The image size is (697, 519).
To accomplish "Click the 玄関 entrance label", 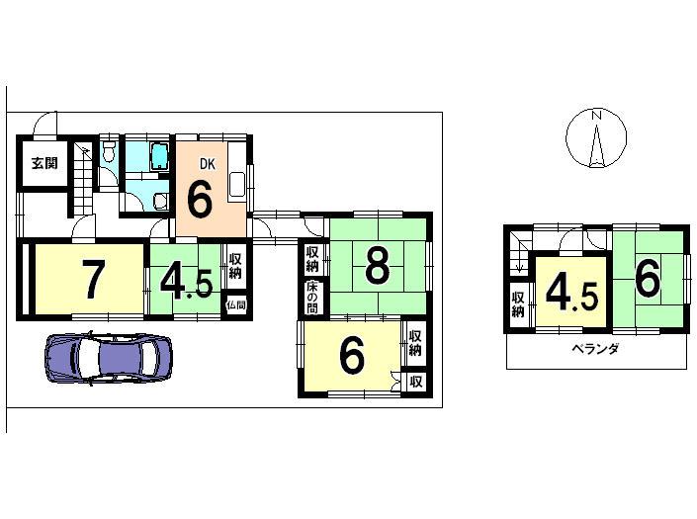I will tap(42, 164).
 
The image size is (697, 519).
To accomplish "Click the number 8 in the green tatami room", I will tap(377, 265).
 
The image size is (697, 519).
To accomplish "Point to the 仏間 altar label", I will tap(235, 305).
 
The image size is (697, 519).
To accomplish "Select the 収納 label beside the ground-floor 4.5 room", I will tap(235, 266).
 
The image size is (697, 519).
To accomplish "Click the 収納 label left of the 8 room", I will tap(312, 259).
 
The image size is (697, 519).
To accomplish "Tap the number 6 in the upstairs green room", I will tap(647, 278).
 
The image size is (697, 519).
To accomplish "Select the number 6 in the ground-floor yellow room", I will tap(351, 359).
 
